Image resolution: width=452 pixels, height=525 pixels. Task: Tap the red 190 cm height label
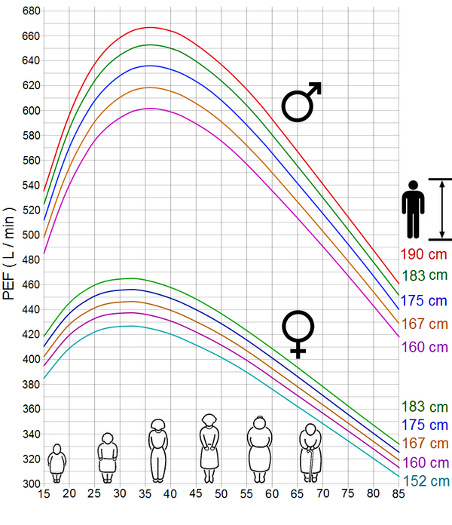pos(423,255)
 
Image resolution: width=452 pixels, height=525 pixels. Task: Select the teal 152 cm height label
pos(425,481)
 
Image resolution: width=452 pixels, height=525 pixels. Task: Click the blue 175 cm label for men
pos(423,300)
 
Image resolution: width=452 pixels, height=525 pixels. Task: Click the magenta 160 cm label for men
pos(423,347)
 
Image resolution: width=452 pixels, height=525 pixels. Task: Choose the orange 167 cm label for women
pos(426,443)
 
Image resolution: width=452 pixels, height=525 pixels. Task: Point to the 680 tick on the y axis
pos(30,11)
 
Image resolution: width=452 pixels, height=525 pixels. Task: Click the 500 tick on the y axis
pos(30,235)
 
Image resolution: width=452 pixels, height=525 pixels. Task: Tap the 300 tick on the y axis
pos(30,484)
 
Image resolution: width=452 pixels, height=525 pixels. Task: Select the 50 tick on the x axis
pos(221,495)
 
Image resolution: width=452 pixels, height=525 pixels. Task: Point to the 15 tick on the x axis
pos(44,495)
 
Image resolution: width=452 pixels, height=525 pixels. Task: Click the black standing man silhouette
pos(413,209)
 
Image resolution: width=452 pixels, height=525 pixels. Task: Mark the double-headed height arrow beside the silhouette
pos(440,209)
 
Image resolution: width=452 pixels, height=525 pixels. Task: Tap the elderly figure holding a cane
pos(310,453)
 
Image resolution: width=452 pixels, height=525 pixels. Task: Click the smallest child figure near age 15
pos(56,463)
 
